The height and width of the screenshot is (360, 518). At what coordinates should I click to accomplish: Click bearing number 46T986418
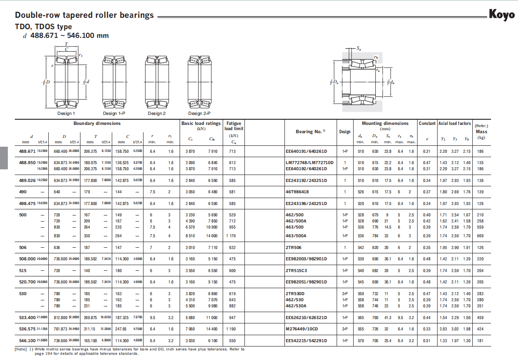coord(297,192)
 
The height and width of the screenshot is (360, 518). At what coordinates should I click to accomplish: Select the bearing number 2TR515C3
coord(297,270)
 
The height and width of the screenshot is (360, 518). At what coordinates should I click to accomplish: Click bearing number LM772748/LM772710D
coord(309,163)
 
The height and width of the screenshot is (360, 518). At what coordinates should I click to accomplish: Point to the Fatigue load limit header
coord(234,126)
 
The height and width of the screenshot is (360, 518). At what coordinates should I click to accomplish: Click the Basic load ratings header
coord(201,124)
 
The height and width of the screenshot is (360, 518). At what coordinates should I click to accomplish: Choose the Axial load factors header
coord(454,124)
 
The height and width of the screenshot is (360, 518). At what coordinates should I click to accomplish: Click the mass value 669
coord(480,236)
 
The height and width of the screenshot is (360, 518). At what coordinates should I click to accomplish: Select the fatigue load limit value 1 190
coord(233,329)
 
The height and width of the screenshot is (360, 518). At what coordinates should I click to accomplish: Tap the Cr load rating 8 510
coord(190,236)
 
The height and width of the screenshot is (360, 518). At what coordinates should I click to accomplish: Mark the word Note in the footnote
coord(21,349)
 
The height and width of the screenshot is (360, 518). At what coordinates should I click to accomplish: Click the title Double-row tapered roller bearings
coord(84,15)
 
